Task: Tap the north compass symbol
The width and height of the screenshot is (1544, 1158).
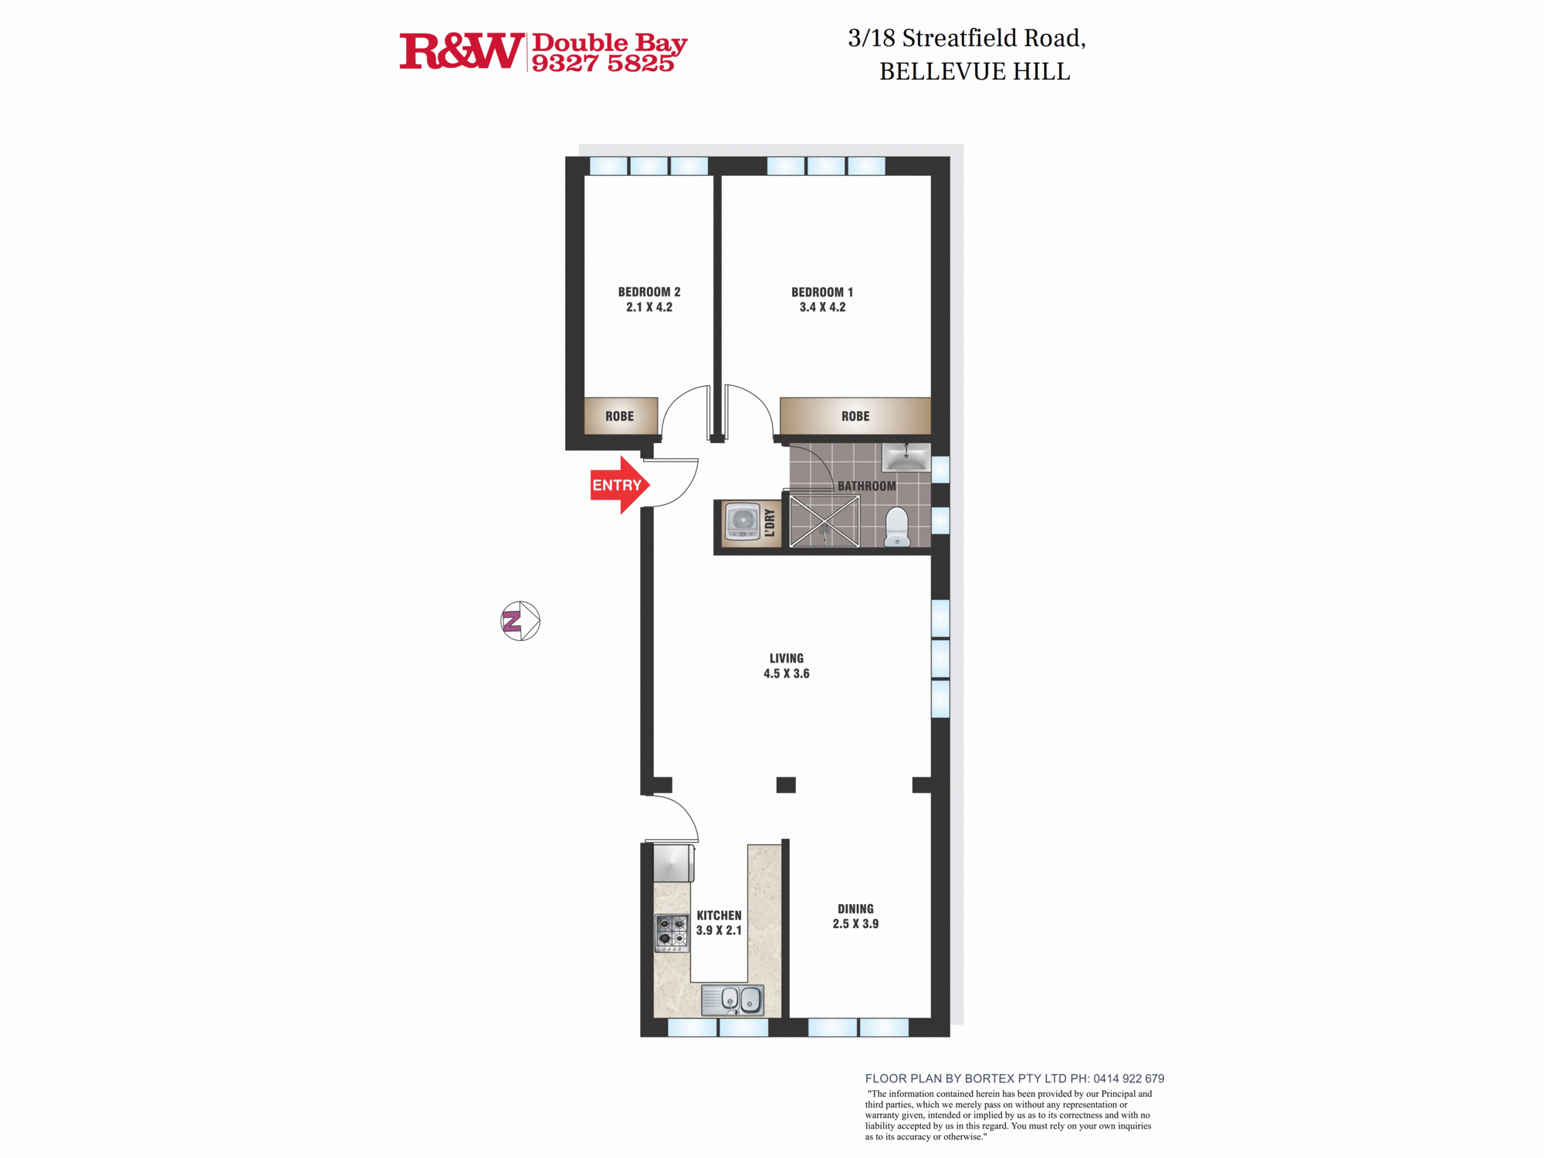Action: coord(520,621)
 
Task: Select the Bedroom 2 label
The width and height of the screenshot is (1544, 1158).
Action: coord(649,292)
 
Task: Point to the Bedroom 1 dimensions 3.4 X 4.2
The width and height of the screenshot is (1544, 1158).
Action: coord(822,307)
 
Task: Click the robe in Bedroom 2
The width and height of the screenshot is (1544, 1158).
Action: coord(620,416)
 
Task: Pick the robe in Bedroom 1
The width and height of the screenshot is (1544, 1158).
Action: coord(855,416)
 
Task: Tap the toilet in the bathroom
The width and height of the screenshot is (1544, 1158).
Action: coord(897,527)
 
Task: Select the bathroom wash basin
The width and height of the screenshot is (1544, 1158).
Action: coord(906,457)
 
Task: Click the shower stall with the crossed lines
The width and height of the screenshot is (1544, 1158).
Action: coord(824,521)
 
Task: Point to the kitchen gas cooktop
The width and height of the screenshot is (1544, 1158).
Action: coord(672,933)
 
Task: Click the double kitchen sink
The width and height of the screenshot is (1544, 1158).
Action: coord(733,1000)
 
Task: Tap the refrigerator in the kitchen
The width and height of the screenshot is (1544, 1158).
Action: coord(673,863)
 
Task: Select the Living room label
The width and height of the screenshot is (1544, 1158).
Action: coord(786,659)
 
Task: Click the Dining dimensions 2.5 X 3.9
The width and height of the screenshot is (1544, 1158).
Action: coord(855,924)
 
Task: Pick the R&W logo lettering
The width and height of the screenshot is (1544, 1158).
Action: coord(461,52)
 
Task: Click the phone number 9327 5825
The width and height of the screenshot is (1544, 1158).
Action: coord(603,64)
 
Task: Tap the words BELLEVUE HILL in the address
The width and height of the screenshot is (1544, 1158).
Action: coord(974,72)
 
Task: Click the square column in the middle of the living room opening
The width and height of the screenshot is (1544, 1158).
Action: coord(786,785)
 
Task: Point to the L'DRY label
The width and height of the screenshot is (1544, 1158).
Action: coord(770,523)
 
